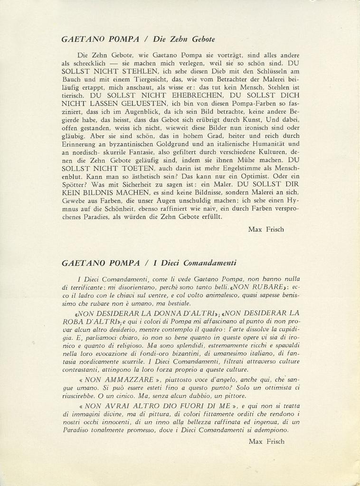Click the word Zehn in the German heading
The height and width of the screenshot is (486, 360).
[x=175, y=39]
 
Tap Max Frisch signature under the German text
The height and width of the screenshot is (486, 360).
[x=266, y=229]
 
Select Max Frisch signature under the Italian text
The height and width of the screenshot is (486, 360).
[x=266, y=441]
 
